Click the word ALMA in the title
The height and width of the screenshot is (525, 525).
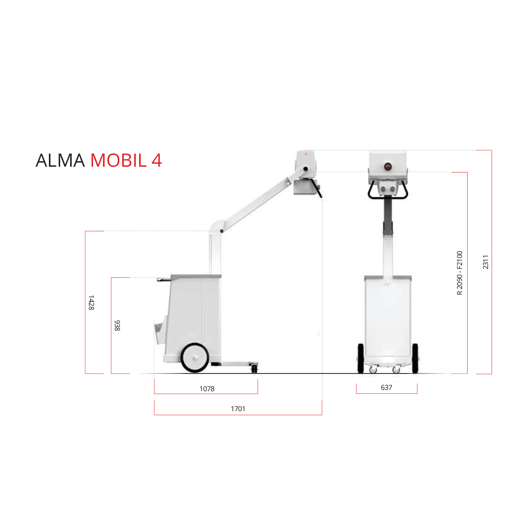(60, 160)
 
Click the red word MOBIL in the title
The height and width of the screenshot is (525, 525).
(119, 160)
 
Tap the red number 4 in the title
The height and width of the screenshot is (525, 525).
(156, 160)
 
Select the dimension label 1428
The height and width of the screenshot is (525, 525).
(91, 303)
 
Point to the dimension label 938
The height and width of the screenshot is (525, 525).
(117, 325)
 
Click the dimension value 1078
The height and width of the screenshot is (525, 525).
(207, 389)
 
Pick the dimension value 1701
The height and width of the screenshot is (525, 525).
(238, 409)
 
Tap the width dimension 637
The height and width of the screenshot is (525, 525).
(386, 387)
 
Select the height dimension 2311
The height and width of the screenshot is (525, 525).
(485, 262)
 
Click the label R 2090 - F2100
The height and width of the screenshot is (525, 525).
(459, 273)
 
